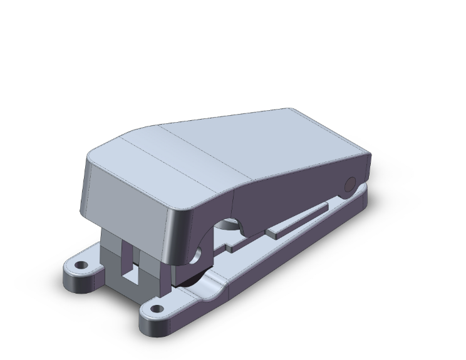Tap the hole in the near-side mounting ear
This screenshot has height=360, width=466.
click(x=155, y=309)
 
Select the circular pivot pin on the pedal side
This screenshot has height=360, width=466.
click(x=351, y=184)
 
